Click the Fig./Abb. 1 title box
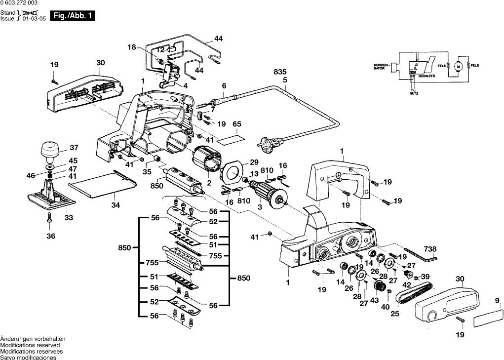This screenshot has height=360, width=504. click(x=73, y=16)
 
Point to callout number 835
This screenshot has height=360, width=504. click(x=280, y=73)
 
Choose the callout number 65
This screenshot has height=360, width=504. click(x=237, y=123)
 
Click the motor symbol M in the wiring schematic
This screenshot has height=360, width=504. click(x=457, y=66)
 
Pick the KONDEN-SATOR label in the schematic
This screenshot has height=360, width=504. click(x=382, y=66)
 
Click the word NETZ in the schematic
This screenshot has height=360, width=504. click(x=413, y=92)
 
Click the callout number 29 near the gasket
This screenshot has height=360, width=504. click(x=254, y=162)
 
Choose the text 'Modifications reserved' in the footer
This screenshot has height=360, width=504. click(x=30, y=345)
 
